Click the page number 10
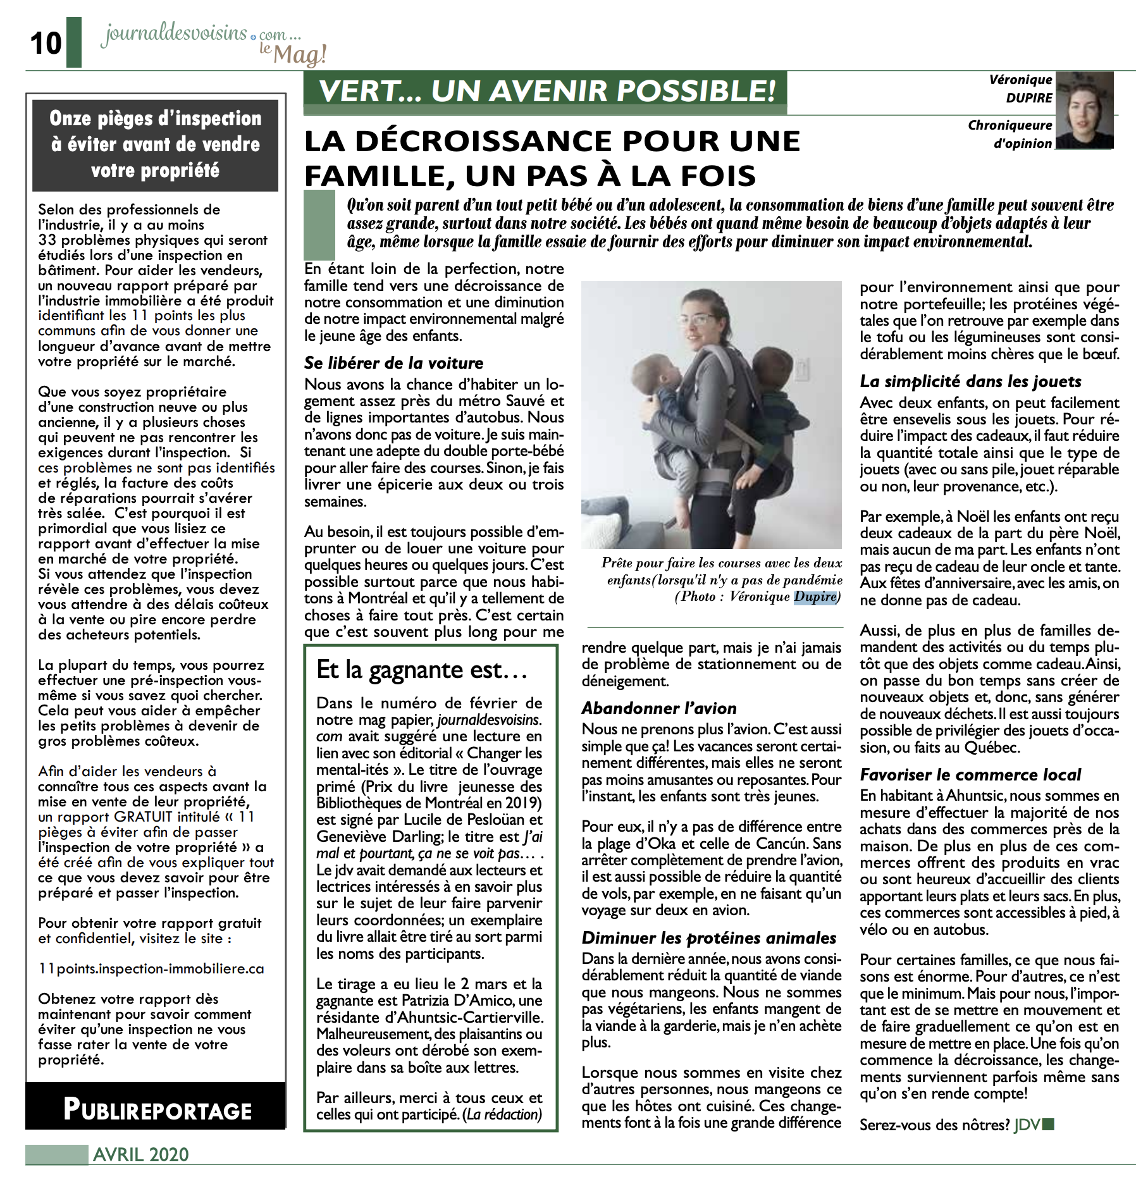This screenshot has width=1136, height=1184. [46, 43]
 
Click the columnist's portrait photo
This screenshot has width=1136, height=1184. [1084, 111]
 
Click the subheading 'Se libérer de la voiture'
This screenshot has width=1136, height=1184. [393, 363]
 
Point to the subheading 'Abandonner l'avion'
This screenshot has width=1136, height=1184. [659, 708]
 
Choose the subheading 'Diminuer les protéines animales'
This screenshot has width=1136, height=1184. [709, 938]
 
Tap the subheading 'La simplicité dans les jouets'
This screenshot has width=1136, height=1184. [970, 381]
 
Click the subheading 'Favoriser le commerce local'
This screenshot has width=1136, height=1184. [970, 775]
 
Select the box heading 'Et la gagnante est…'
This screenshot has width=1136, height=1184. [422, 670]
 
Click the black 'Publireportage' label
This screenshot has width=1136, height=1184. [157, 1111]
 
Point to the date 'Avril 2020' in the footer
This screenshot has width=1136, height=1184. [141, 1155]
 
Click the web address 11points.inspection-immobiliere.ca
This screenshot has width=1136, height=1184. [151, 969]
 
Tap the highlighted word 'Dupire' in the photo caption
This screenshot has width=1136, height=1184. [815, 597]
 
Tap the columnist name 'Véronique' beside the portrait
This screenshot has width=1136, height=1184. [1020, 80]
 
